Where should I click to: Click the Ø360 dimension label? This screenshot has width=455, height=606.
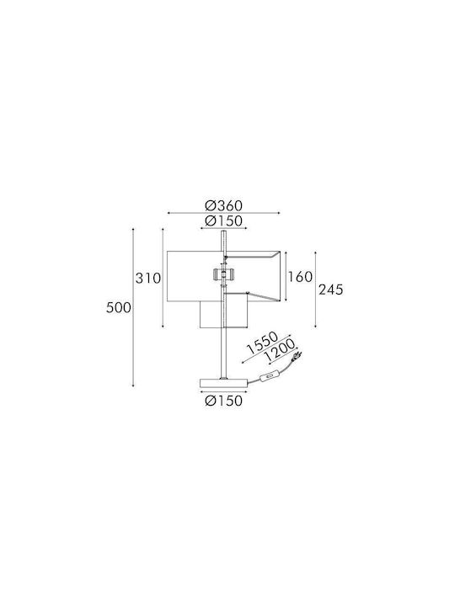[223, 205]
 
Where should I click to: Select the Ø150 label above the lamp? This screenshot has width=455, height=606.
[223, 221]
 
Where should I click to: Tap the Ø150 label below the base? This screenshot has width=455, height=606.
[224, 401]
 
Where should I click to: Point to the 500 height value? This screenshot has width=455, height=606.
[119, 308]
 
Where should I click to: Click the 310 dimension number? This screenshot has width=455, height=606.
[147, 279]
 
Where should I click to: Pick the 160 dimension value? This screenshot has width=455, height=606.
[300, 277]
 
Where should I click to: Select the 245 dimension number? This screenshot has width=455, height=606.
[331, 290]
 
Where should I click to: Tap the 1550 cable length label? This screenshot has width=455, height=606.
[262, 343]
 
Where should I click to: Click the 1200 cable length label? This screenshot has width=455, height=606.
[280, 350]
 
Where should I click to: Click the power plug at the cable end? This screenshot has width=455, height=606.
[297, 356]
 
